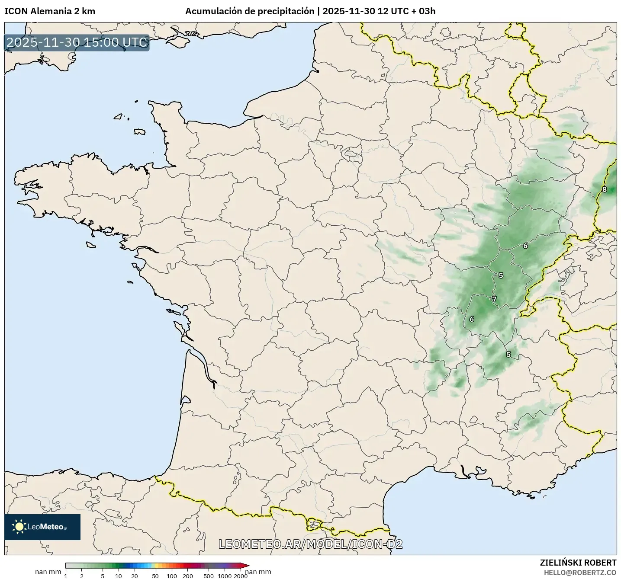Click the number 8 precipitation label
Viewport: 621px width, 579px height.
pos(605,189)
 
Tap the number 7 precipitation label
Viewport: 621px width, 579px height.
pos(494,299)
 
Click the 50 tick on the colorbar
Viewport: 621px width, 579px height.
pos(155,576)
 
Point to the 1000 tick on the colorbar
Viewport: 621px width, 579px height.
pos(224,576)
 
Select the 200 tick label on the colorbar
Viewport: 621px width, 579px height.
pos(188,576)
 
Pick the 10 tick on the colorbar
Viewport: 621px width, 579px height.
pos(119,576)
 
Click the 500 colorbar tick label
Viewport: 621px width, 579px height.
pos(209,576)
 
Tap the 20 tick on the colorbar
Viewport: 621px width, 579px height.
pos(135,576)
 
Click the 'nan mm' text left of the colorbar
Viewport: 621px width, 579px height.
pos(48,572)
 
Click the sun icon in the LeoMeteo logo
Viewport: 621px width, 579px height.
pos(19,526)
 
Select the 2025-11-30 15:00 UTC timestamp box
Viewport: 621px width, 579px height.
pos(77,42)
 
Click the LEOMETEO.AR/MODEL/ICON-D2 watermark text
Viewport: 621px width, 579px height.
pos(310,544)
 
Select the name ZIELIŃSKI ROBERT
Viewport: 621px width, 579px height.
pos(578,563)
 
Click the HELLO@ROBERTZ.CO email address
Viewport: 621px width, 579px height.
pos(580,573)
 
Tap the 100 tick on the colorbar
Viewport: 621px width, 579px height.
pos(172,576)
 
